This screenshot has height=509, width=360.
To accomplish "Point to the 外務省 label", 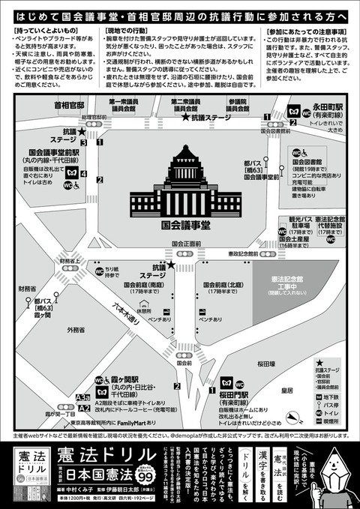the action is pyautogui.click(x=76, y=329).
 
